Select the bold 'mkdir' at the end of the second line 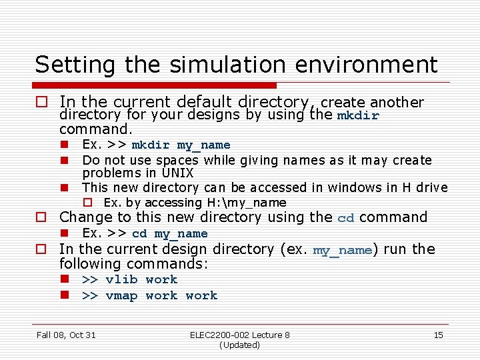coord(358,115)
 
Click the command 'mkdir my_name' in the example coord(181,145)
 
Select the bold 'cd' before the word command coord(345,217)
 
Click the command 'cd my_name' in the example coord(169,233)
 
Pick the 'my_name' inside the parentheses coord(342,250)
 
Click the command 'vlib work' coord(141,280)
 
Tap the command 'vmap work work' coord(161,295)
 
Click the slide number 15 coord(438,335)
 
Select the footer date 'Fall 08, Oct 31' coord(66,335)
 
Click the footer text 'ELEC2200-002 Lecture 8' coord(239,335)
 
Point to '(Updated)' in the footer coord(239,345)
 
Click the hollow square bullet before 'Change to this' coord(41,217)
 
